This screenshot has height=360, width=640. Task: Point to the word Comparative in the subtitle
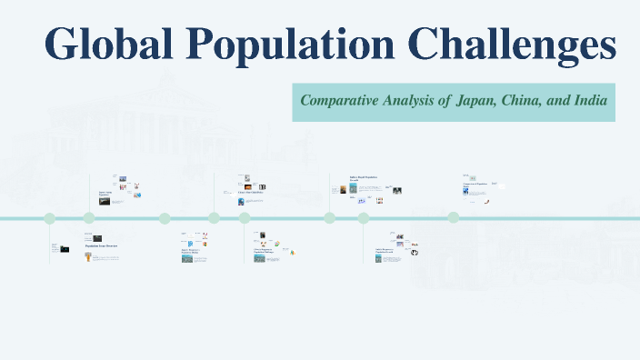(x=341, y=101)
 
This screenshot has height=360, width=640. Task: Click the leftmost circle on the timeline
(x=50, y=218)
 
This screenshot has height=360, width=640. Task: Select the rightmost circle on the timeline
(x=453, y=218)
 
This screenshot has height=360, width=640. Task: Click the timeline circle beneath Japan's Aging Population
(x=89, y=218)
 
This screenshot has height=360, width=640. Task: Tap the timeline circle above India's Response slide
(x=364, y=218)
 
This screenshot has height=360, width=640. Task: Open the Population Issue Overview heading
(x=101, y=246)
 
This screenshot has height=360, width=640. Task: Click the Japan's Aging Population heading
(x=106, y=194)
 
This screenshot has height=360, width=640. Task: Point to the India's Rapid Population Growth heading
(x=363, y=178)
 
